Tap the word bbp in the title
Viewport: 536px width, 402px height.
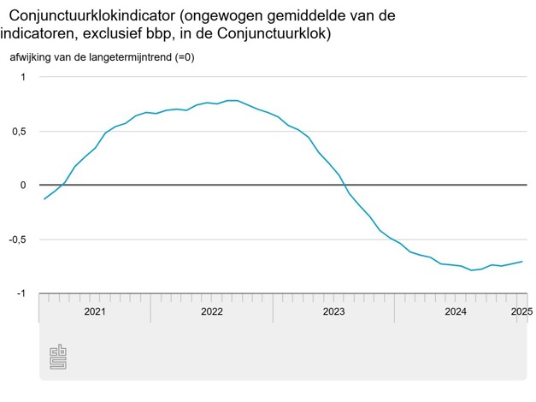(x=221, y=33)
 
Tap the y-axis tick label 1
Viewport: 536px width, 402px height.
(x=24, y=77)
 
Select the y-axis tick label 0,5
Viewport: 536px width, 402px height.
(x=18, y=132)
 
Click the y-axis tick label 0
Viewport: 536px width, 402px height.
(x=24, y=186)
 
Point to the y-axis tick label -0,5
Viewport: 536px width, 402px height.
(x=16, y=239)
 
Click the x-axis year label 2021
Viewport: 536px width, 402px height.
(x=95, y=311)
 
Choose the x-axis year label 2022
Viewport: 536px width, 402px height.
(x=212, y=311)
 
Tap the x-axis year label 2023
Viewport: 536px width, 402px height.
(x=333, y=311)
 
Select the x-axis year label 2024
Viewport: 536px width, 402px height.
(x=456, y=311)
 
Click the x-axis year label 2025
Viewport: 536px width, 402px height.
(x=522, y=311)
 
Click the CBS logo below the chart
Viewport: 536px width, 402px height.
(x=58, y=357)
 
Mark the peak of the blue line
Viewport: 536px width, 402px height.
(x=231, y=100)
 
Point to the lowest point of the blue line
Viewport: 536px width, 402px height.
(x=472, y=270)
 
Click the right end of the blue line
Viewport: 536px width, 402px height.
(x=522, y=262)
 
